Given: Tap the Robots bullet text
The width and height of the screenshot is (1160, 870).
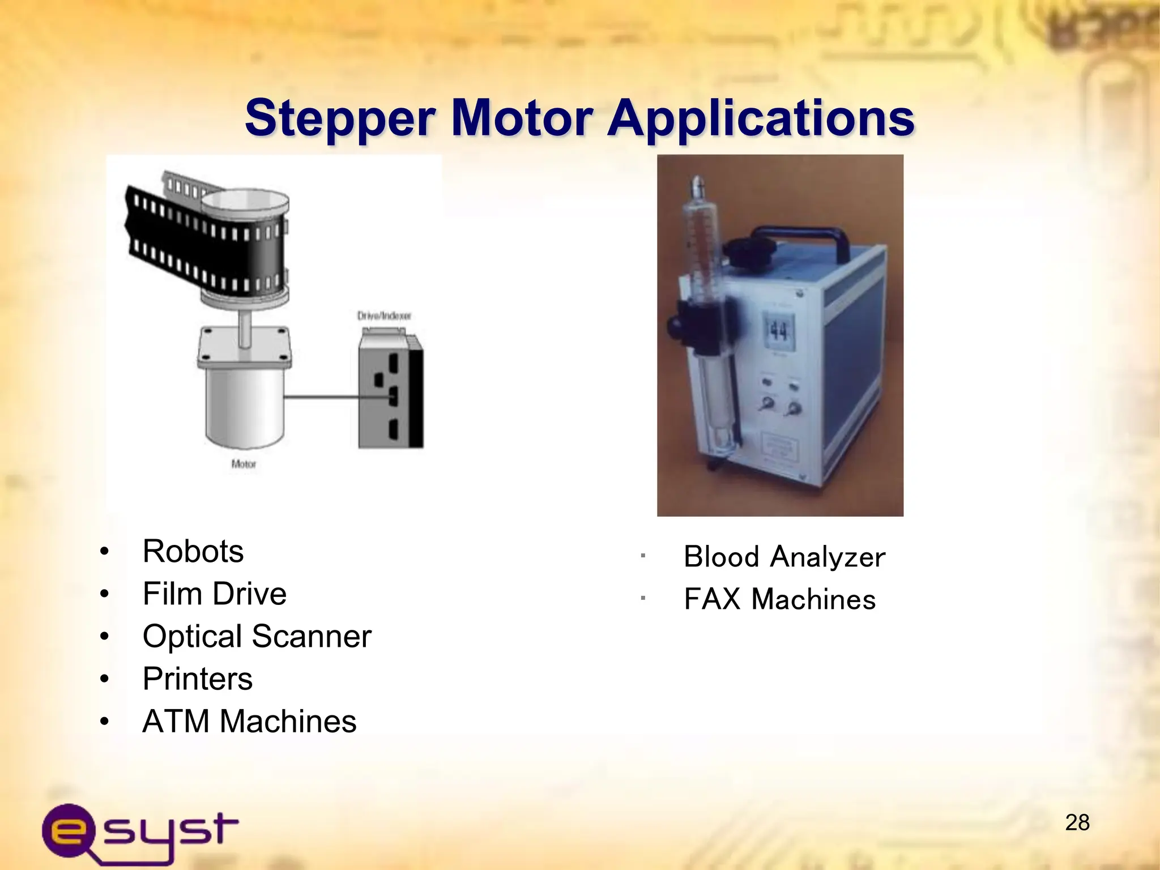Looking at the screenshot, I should tap(193, 551).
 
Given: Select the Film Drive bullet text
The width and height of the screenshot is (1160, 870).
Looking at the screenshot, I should tap(215, 594).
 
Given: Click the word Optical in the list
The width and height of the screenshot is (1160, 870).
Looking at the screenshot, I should tap(193, 637).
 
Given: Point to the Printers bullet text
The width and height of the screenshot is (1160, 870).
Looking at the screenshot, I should tap(198, 679).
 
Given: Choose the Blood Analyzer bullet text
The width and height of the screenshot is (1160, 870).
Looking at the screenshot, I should tap(784, 557).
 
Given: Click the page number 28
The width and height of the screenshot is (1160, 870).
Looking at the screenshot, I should tap(1077, 822).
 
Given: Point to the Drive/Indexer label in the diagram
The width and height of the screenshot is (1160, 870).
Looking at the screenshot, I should tap(384, 315).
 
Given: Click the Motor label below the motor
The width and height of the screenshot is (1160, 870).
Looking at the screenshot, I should tap(244, 464).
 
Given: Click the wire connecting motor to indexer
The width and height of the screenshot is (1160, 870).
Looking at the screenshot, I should tap(323, 398).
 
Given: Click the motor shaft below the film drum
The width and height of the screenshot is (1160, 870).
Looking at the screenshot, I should tap(245, 329).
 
